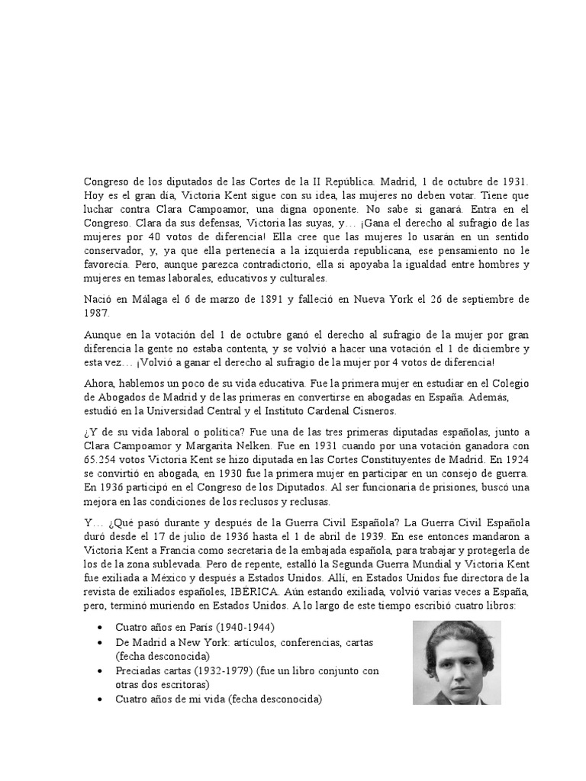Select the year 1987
[95, 312]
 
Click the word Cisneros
[373, 412]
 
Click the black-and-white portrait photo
[456, 661]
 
